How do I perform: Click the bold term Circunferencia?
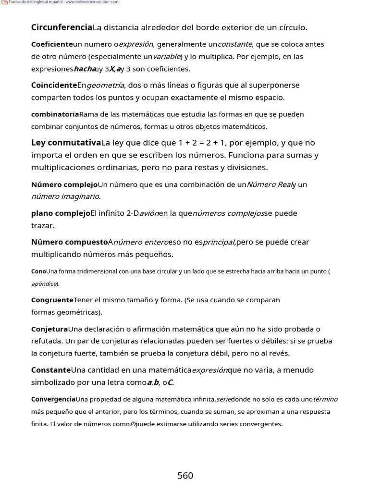coord(61,27)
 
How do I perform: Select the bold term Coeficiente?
coord(52,44)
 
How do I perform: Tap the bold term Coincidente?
coord(54,85)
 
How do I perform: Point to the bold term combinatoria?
coord(55,114)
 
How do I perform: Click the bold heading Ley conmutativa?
coord(66,143)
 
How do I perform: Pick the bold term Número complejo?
coord(64,184)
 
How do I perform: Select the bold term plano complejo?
coord(61,213)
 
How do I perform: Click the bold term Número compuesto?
coord(69,242)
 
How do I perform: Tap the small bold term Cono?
coord(38,271)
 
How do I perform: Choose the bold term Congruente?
coord(52,300)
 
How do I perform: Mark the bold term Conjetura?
coord(49,329)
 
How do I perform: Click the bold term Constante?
coord(51,370)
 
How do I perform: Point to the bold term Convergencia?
coord(53,399)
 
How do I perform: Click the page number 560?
coord(185,476)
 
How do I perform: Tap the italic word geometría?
coord(105,85)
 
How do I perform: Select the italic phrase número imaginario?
coord(65,196)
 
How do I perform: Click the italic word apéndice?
coord(44,283)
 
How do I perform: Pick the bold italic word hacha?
coord(85,69)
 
